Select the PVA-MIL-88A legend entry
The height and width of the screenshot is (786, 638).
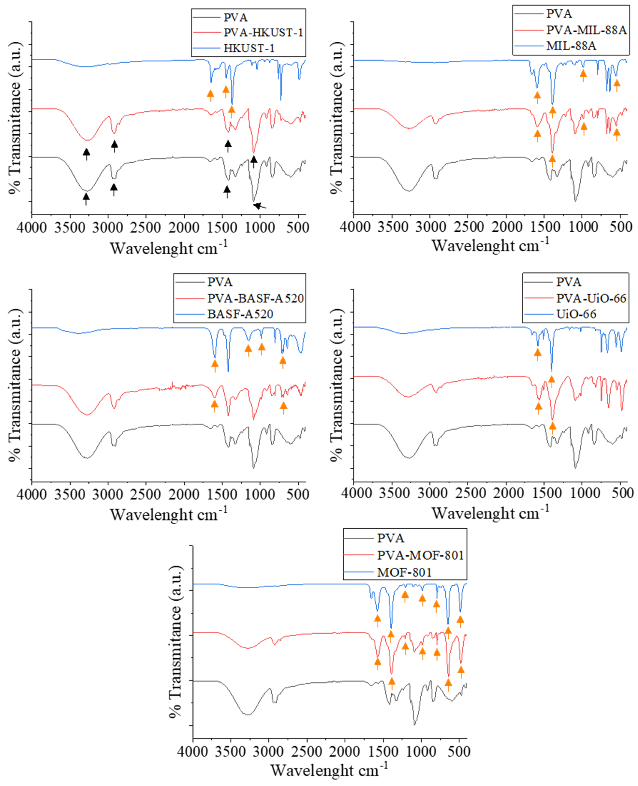pyautogui.click(x=586, y=30)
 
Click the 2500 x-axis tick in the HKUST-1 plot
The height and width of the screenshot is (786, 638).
pyautogui.click(x=145, y=228)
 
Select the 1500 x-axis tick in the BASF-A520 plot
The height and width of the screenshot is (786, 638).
pyautogui.click(x=222, y=494)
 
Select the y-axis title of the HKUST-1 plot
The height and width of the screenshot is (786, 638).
pyautogui.click(x=15, y=118)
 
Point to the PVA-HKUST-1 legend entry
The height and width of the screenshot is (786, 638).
pyautogui.click(x=263, y=33)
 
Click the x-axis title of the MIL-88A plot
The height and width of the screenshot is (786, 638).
pyautogui.click(x=490, y=246)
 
